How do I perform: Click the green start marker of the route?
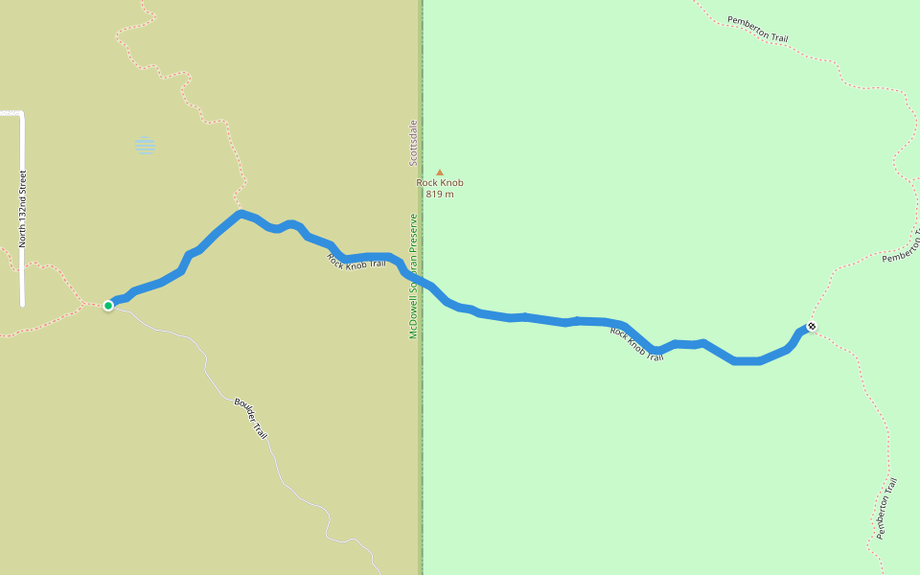(x=108, y=305)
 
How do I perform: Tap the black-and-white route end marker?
(x=812, y=326)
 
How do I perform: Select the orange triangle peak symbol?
(x=440, y=172)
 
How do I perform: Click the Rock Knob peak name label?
(x=440, y=183)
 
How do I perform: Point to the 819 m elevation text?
(x=440, y=195)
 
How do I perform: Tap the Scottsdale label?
(x=414, y=142)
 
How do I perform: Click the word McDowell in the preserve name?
(x=414, y=317)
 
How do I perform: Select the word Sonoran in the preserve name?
(x=414, y=278)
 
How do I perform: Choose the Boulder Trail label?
(x=250, y=418)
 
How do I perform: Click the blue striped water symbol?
(x=145, y=146)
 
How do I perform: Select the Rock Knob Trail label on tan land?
(x=356, y=260)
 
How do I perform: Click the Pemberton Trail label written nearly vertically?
(x=886, y=508)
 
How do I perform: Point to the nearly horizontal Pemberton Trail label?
(x=757, y=29)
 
